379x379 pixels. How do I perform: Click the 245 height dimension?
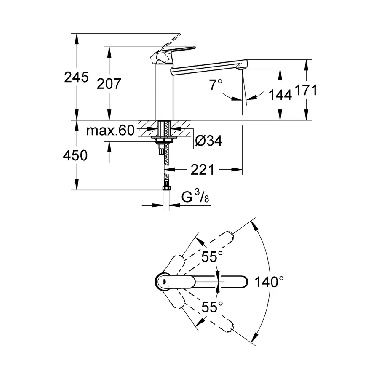tap(76, 77)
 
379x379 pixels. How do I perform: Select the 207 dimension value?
tap(109, 84)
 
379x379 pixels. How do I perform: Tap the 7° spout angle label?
tap(215, 85)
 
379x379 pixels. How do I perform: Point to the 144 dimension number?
tap(280, 96)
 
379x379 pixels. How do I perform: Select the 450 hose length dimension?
tap(76, 155)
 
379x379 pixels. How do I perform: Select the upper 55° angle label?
tap(211, 256)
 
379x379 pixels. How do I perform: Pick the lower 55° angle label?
tap(211, 307)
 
